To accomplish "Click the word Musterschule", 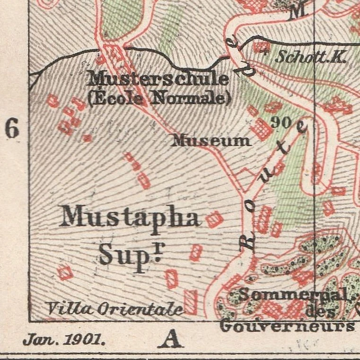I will click(158, 79).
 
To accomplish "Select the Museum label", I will click(211, 140).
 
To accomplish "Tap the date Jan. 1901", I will click(64, 340).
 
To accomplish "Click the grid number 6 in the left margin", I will click(12, 128).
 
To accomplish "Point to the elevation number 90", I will click(282, 122).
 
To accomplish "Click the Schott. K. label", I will click(311, 57).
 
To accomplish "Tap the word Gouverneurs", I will click(287, 326).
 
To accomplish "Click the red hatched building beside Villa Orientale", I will click(190, 302).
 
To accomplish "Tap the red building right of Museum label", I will click(261, 129).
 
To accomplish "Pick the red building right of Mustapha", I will click(213, 219).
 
